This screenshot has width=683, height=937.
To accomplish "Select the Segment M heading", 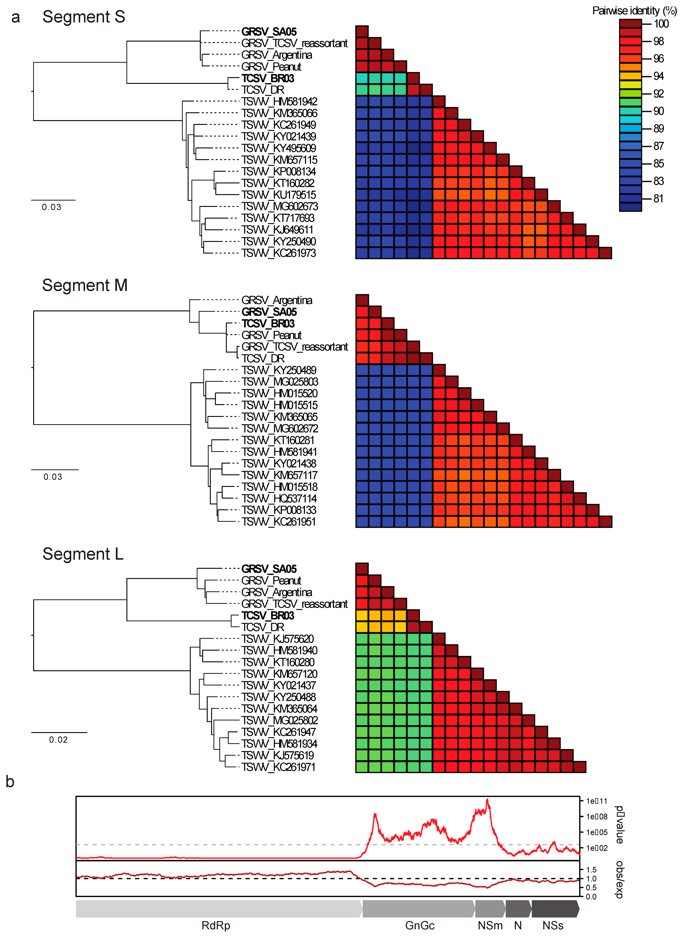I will tap(85, 285).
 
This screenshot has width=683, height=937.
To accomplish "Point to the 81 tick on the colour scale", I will tap(658, 199).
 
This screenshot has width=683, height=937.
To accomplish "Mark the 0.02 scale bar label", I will tap(58, 740).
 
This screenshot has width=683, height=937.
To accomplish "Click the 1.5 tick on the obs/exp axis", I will tap(591, 870).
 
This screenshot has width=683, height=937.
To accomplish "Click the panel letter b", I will tap(10, 782).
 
